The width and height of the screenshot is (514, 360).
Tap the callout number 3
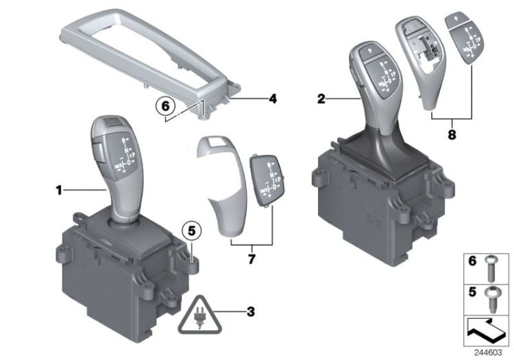(250, 312)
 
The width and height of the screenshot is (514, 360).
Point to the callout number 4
(272, 99)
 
